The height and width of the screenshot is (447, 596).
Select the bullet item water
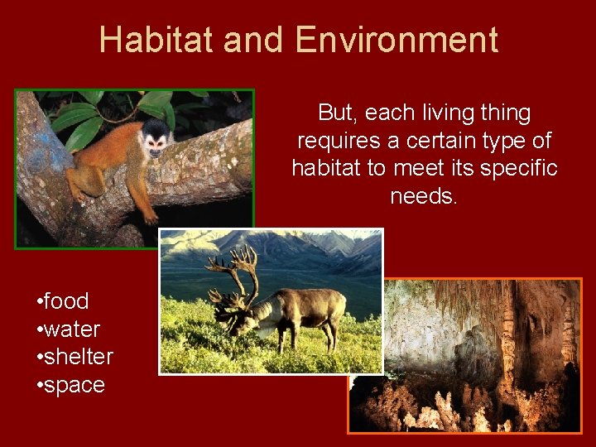(x=72, y=329)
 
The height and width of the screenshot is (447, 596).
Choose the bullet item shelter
(x=78, y=357)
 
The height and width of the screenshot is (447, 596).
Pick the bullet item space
(x=74, y=385)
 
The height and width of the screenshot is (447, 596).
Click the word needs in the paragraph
(x=424, y=197)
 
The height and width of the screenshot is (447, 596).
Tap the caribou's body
(x=306, y=306)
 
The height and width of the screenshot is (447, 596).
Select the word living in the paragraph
(x=441, y=113)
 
